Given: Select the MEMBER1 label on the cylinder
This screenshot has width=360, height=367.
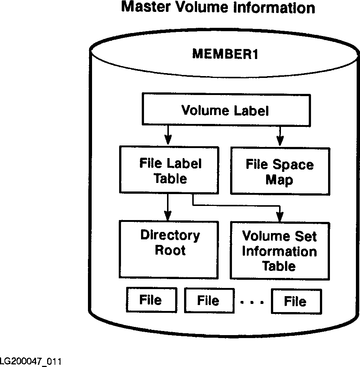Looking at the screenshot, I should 225,54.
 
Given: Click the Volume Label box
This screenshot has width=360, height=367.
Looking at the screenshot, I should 225,111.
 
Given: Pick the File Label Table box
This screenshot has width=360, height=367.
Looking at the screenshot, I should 168,170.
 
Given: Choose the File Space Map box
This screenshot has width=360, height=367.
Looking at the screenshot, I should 279,171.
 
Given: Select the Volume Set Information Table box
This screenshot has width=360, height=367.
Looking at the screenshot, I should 279,250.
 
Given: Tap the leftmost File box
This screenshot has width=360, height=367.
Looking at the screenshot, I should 150,300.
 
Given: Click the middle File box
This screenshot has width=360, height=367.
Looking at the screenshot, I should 208,301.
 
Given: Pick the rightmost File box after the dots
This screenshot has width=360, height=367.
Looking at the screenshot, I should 295,301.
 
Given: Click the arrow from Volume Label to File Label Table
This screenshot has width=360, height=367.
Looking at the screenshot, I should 168,135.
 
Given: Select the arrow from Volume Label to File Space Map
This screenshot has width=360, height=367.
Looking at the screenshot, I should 280,135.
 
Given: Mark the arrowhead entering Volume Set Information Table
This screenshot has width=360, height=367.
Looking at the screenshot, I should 280,217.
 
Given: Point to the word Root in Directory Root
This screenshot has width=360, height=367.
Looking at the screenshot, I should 170,250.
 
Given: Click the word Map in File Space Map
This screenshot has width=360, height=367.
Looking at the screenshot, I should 279,180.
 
